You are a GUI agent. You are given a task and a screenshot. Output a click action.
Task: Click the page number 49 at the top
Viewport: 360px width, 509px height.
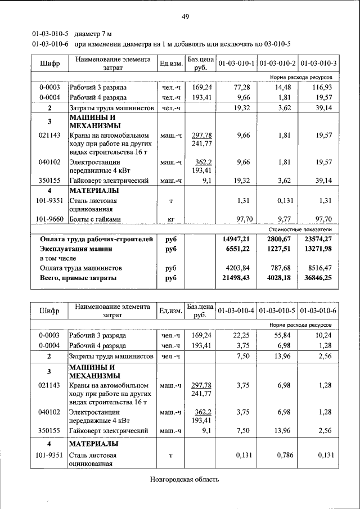tap(185, 16)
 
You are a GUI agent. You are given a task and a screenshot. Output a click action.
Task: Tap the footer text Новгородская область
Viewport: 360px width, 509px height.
tap(184, 479)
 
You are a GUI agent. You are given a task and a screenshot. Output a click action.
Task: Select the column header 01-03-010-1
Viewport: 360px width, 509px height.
tap(236, 63)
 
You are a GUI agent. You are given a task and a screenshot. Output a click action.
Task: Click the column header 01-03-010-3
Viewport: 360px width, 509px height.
tap(318, 63)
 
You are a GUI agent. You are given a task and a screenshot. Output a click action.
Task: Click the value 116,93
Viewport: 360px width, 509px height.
tap(322, 88)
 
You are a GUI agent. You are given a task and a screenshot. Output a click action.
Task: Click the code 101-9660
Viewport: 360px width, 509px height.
tap(49, 219)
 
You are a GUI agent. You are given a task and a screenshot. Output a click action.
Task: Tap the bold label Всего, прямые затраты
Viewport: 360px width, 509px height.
tap(78, 278)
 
